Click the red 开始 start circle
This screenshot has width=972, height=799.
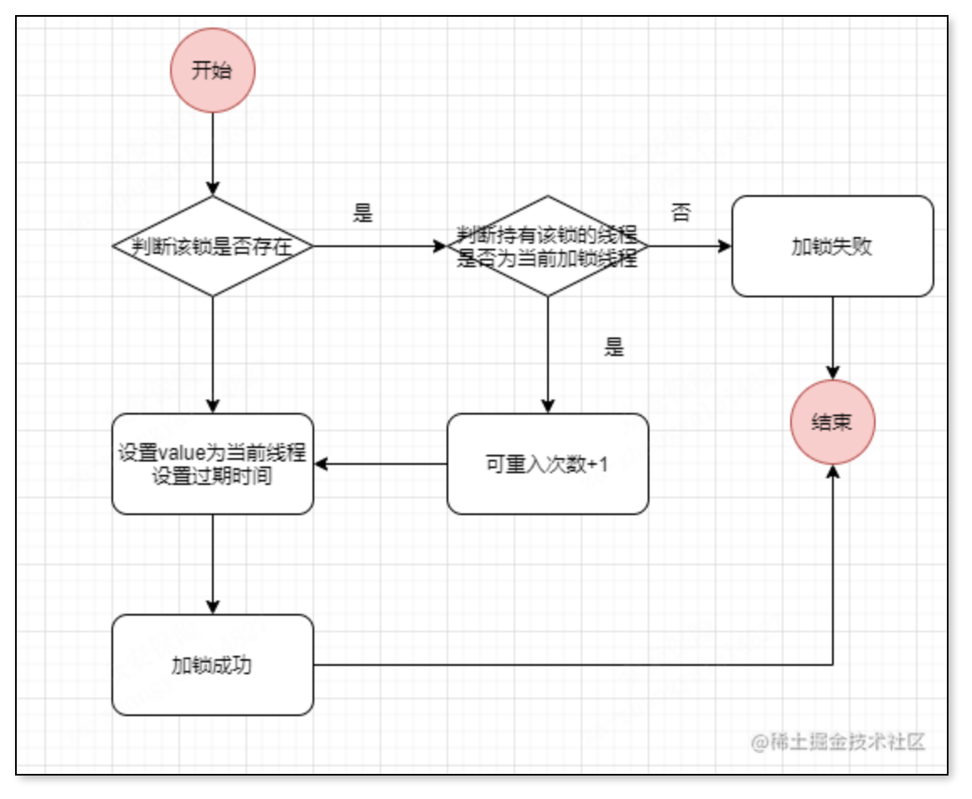tap(212, 71)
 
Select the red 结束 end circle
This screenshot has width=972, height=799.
tap(832, 422)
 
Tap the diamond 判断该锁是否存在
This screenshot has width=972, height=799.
tap(213, 246)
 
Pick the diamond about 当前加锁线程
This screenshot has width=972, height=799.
tap(548, 246)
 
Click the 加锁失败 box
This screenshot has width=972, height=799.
tap(832, 246)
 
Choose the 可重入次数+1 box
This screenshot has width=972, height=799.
tap(548, 463)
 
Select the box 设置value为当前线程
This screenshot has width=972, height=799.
tap(213, 463)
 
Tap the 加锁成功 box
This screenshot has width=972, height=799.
tap(213, 665)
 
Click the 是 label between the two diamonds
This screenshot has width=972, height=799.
tap(363, 214)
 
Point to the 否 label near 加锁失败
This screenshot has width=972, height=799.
tap(680, 214)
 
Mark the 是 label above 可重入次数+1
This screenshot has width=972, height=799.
tap(614, 348)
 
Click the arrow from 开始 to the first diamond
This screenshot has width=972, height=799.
tap(213, 154)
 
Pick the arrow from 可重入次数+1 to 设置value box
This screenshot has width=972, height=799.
tap(380, 463)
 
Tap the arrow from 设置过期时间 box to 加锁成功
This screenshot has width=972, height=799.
tap(213, 564)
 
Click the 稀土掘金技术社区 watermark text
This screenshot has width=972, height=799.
tap(838, 742)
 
